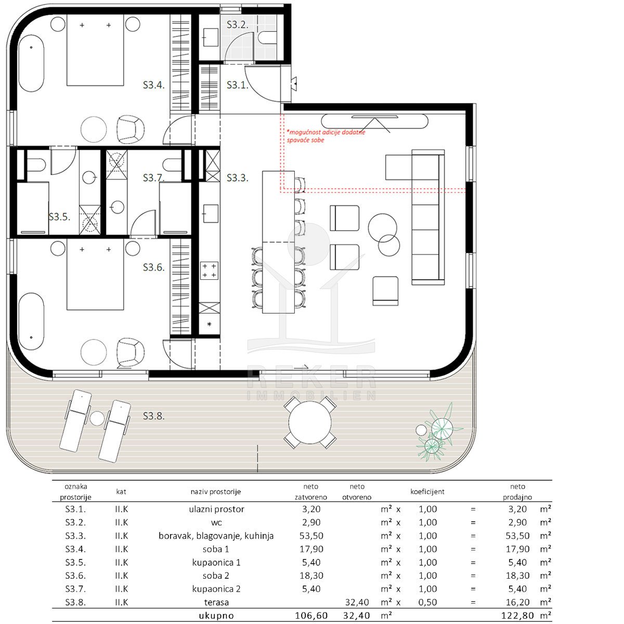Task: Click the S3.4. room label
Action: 153,85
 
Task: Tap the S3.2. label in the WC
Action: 237,24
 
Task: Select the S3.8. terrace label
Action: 153,416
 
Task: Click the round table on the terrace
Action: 310,422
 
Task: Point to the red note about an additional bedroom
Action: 326,136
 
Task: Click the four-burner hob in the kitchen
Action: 209,270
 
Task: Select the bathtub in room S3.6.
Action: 31,321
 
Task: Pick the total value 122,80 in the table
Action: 517,615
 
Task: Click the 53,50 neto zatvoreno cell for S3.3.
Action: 311,536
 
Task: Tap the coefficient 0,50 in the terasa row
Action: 427,602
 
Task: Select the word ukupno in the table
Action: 216,615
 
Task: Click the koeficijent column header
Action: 427,491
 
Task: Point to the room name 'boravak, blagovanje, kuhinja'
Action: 216,536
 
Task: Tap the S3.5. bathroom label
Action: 59,217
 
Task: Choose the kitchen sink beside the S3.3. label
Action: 211,213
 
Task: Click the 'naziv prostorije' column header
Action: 216,491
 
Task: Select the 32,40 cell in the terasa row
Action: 357,602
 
